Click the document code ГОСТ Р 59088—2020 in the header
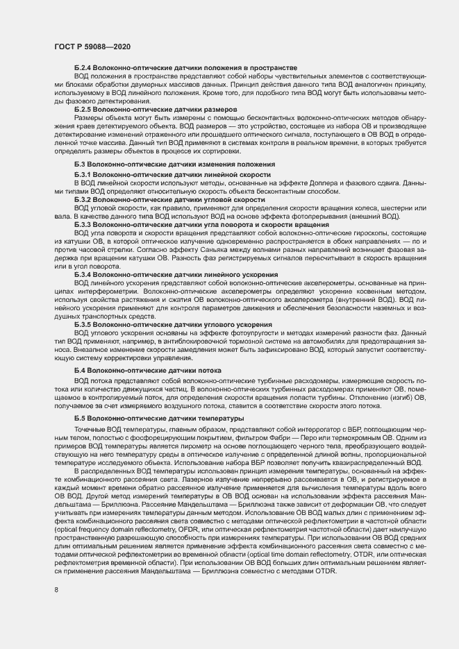(92, 46)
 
